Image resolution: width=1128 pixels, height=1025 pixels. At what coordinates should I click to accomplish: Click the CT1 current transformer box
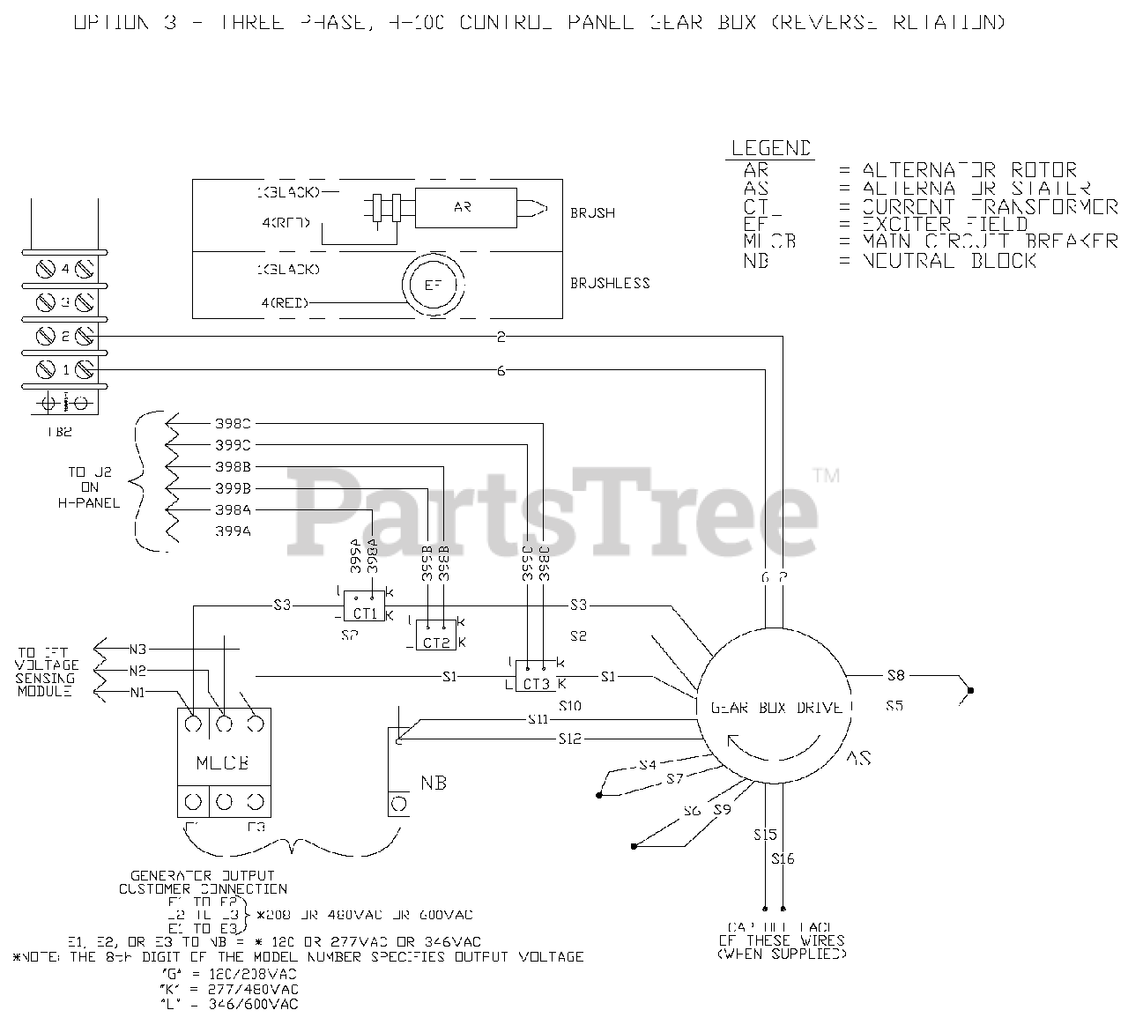point(363,613)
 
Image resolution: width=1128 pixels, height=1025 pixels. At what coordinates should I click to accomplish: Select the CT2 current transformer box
point(436,642)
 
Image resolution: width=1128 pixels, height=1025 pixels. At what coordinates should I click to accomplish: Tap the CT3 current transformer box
point(537,683)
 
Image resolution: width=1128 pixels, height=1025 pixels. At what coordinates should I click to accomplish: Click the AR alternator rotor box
point(463,207)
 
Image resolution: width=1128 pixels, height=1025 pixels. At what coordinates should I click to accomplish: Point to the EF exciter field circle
point(433,286)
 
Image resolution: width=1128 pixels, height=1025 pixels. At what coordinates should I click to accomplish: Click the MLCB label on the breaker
point(224,762)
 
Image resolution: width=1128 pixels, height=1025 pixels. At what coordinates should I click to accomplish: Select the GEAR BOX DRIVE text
point(770,707)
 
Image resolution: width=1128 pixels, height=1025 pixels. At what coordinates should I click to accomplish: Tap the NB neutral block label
point(433,782)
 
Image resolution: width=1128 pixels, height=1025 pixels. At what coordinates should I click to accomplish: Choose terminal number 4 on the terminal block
point(65,270)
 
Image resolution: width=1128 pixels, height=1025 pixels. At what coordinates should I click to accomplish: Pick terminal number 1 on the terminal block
point(65,369)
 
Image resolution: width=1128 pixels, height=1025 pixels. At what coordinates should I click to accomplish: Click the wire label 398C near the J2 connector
point(233,422)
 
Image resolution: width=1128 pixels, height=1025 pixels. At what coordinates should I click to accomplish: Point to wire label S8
point(895,676)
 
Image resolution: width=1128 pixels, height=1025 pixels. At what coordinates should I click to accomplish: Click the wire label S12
point(570,739)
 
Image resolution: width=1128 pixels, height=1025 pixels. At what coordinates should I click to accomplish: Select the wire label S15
point(765,834)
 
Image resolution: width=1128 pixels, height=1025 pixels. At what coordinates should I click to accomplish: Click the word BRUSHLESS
point(610,283)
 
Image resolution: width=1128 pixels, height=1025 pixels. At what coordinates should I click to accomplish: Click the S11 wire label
point(538,720)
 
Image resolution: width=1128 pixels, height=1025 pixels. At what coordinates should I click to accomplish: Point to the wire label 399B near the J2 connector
point(233,487)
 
